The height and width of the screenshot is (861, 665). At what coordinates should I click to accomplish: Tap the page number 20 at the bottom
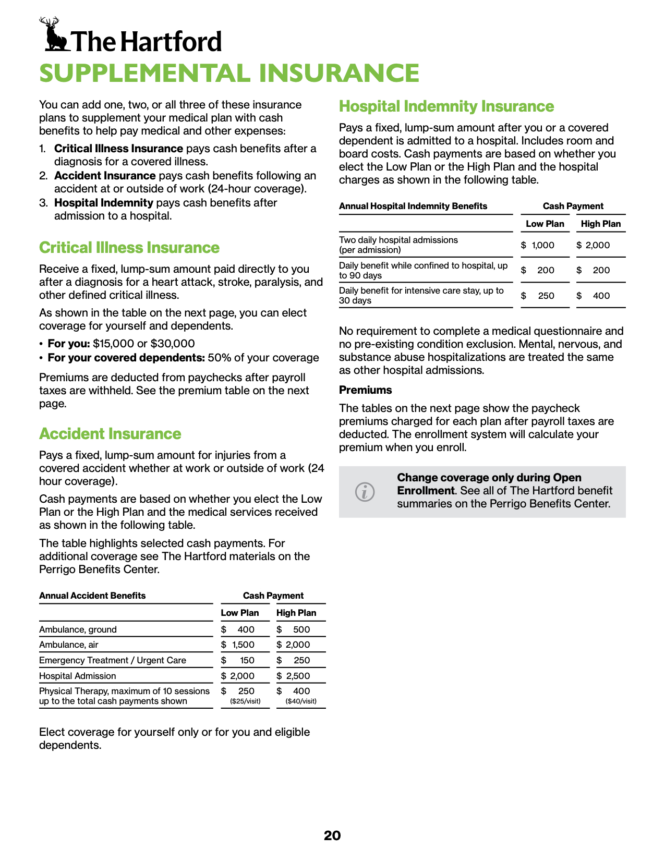click(332, 835)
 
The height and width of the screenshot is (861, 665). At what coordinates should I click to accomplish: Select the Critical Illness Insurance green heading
click(129, 248)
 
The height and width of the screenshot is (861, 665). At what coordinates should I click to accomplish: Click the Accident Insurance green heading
click(110, 434)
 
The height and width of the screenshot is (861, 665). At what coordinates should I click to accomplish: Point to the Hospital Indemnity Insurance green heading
click(446, 106)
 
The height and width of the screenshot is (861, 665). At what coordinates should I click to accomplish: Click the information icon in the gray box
click(365, 492)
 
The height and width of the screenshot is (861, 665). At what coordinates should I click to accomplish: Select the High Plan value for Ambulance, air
click(295, 645)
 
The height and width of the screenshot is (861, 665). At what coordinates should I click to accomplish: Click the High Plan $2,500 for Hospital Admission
click(295, 676)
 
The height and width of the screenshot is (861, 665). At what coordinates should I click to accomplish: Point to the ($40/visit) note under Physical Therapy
click(301, 701)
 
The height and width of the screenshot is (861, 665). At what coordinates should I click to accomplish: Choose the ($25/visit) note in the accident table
click(245, 701)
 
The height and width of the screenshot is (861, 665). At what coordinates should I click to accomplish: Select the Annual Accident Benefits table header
click(92, 596)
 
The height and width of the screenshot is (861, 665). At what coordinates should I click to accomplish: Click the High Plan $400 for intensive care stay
click(595, 296)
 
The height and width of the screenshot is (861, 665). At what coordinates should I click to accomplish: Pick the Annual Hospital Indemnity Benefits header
click(413, 206)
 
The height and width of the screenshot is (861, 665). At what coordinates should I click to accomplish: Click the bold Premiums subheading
click(365, 390)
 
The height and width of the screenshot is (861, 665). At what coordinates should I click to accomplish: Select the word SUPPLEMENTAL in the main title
click(146, 73)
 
